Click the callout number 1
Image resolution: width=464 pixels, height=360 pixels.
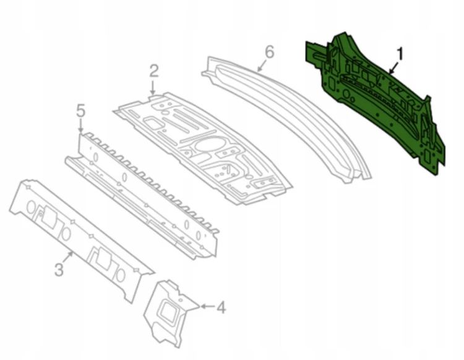point(400,54)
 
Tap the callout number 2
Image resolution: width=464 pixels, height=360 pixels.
point(154,71)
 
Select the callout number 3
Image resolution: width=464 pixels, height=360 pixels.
point(59,270)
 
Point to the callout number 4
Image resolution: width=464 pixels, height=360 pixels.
point(221,307)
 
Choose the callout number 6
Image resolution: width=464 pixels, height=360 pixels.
point(270,52)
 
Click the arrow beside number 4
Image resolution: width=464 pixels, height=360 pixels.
point(208,306)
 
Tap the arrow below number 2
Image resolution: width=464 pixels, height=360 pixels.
point(153,88)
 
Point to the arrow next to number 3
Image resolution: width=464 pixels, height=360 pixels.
point(68,257)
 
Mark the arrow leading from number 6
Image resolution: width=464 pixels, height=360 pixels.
point(262,66)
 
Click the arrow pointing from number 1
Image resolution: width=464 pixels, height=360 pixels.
point(393,67)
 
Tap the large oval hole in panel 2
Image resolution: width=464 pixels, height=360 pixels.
point(207,145)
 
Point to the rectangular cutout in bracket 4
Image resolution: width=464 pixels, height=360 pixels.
point(170,311)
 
